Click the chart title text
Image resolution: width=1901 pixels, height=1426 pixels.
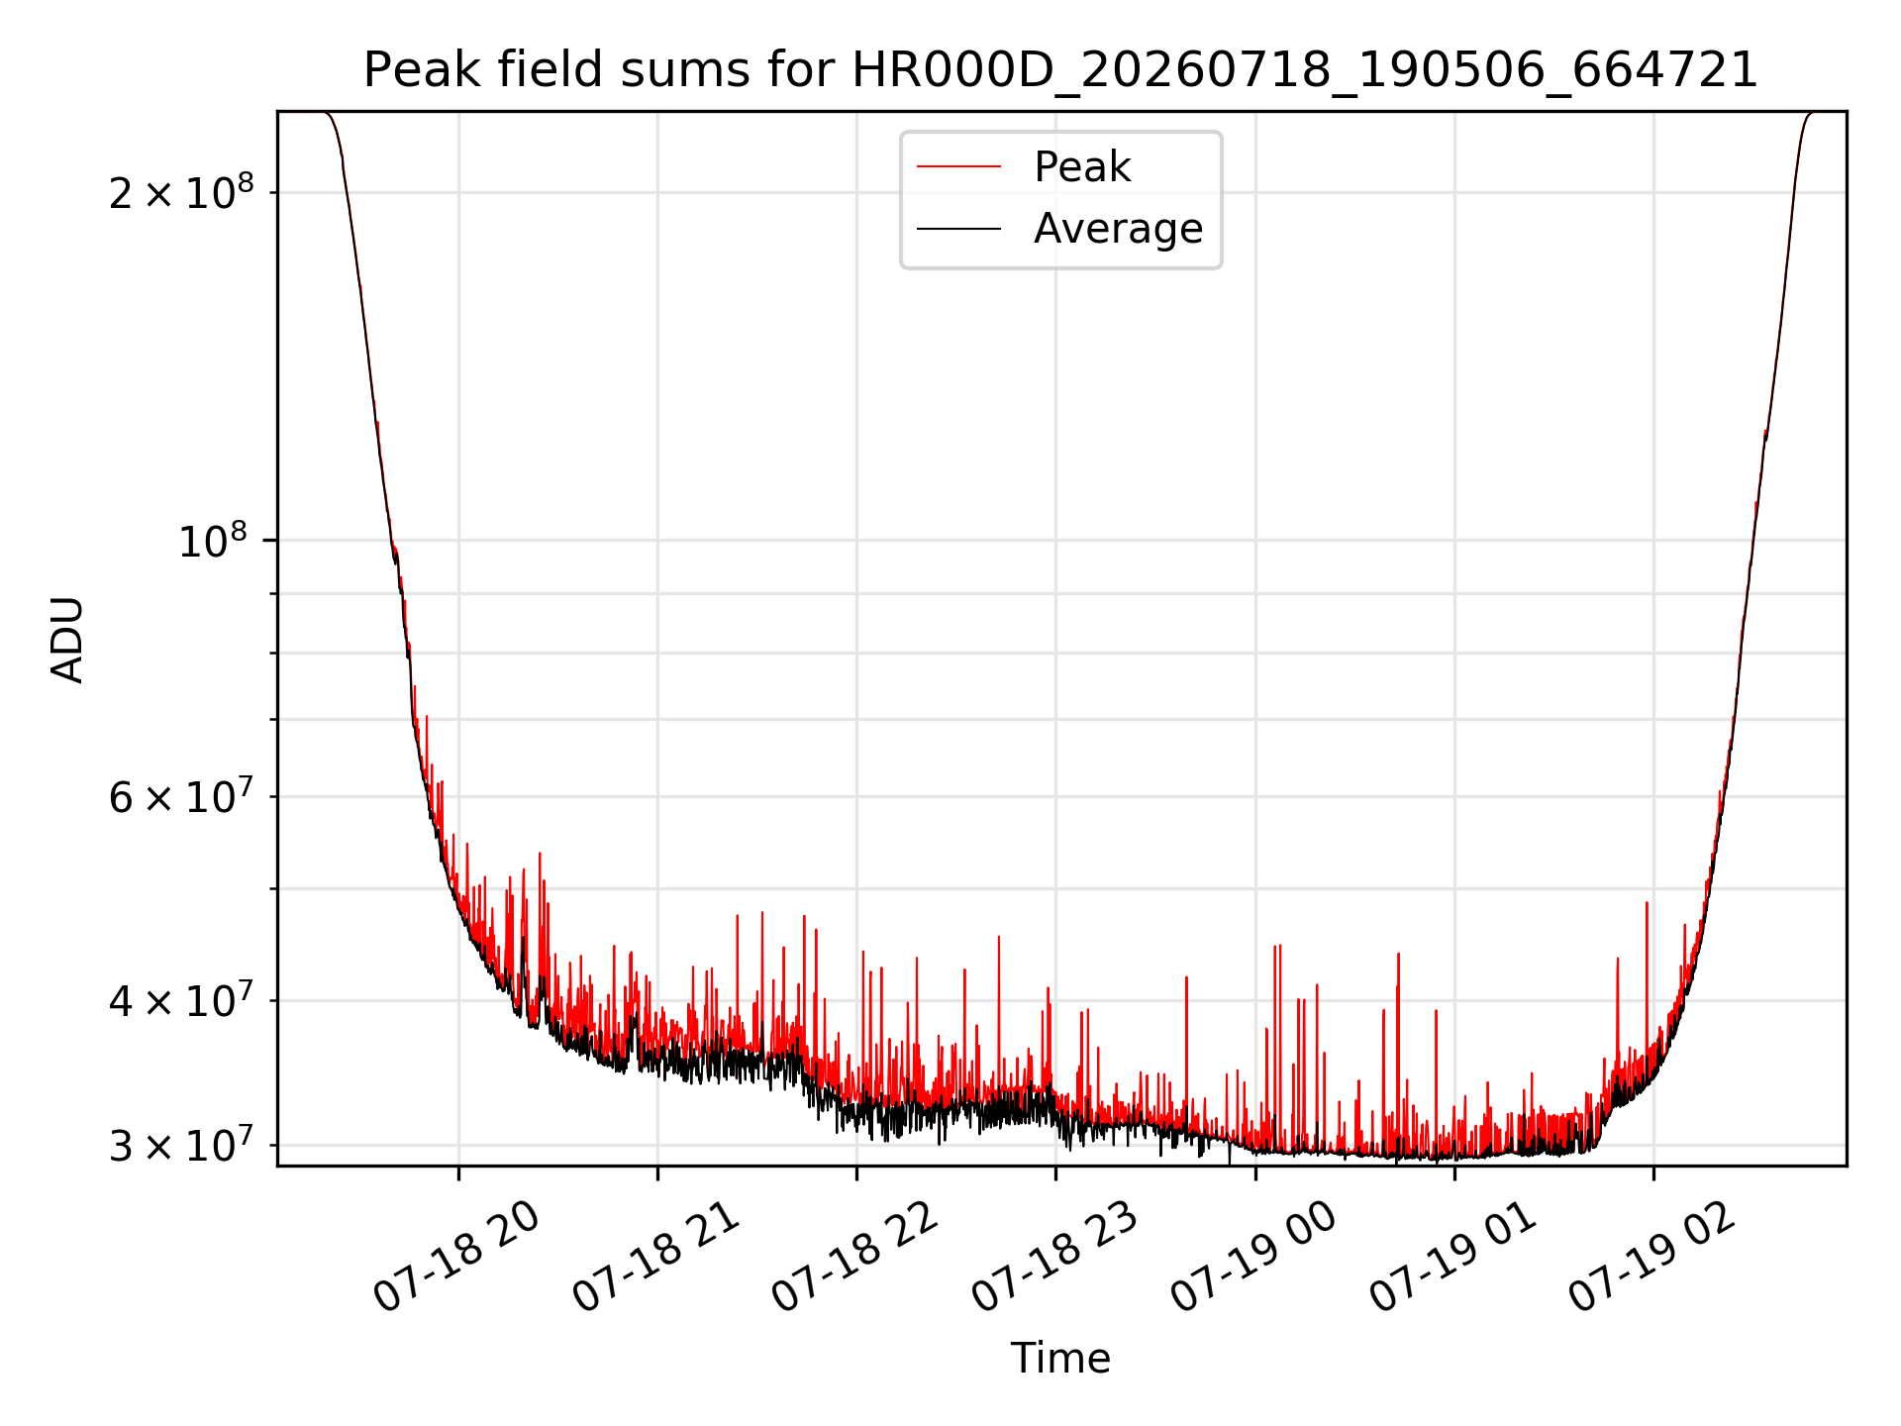click(1060, 70)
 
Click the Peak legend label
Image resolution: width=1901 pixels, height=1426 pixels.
click(1082, 167)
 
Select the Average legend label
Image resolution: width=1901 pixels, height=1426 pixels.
click(1119, 229)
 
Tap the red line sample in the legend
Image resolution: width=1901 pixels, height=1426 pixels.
click(958, 167)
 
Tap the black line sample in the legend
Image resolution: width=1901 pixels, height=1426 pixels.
click(958, 229)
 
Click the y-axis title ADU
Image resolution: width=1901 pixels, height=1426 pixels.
click(67, 639)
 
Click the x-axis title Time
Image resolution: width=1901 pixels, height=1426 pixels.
click(1060, 1359)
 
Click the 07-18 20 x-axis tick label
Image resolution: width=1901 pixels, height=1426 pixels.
click(457, 1258)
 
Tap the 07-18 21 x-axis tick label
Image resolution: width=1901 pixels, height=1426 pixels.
click(657, 1258)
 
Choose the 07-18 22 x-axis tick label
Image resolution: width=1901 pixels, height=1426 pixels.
click(855, 1258)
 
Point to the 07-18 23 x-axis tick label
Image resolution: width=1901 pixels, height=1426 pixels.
click(1055, 1258)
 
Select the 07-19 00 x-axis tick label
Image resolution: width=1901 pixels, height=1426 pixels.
click(1254, 1258)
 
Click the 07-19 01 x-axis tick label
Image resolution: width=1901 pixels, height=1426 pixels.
click(1453, 1258)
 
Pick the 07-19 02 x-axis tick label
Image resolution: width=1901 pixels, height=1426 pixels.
click(1653, 1258)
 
